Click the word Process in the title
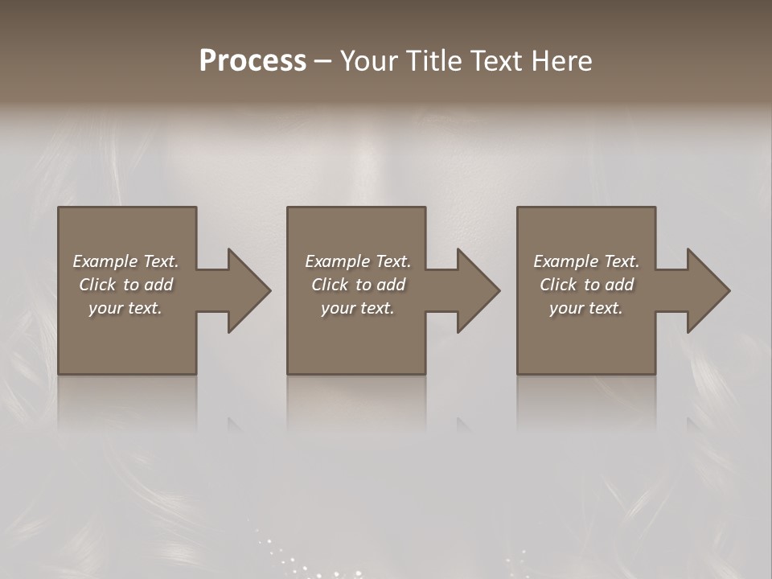[253, 61]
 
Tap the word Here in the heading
[560, 61]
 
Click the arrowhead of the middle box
[478, 290]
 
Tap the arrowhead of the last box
[707, 290]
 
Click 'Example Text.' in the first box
[125, 261]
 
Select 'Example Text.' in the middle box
[358, 261]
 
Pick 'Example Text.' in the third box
[586, 261]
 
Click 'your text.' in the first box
[125, 308]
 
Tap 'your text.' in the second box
[358, 308]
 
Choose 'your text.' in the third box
[586, 308]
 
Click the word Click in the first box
[97, 285]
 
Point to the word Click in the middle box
[330, 285]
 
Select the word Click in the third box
[558, 285]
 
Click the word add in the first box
[159, 285]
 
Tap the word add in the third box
[620, 285]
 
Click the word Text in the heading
[495, 61]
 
